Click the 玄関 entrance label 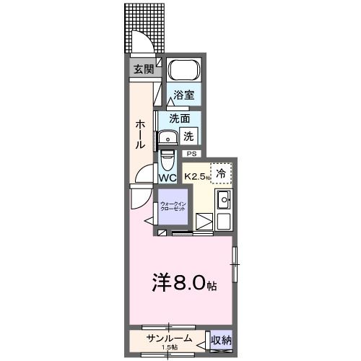click(x=142, y=70)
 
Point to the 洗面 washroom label click(x=180, y=118)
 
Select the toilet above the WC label click(x=168, y=157)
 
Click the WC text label click(x=168, y=178)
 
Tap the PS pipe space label click(x=192, y=154)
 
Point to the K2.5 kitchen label click(x=196, y=176)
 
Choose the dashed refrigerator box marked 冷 click(x=222, y=173)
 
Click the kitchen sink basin click(x=223, y=199)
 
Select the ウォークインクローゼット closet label click(x=172, y=206)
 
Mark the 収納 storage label click(x=221, y=340)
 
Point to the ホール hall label click(x=142, y=134)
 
